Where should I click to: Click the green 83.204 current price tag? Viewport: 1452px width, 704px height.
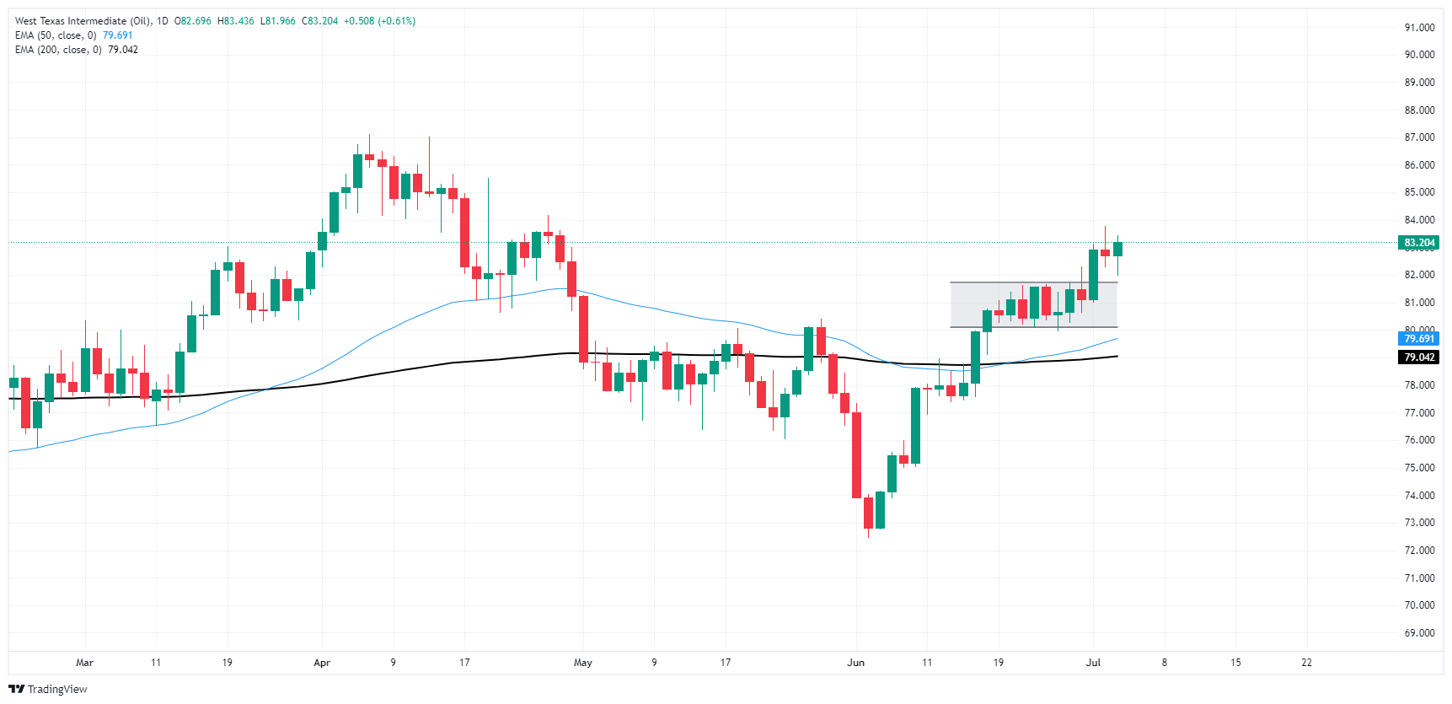(x=1419, y=243)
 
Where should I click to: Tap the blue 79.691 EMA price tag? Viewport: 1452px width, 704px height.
(x=1419, y=339)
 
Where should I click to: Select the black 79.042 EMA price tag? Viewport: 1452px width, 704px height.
(x=1419, y=357)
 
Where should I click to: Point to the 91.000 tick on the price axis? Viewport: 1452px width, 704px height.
(x=1419, y=28)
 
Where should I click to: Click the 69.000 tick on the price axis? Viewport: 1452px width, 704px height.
(x=1419, y=633)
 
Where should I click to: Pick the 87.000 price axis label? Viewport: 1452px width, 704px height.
(x=1419, y=137)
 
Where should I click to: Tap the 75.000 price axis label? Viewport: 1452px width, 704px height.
(x=1419, y=468)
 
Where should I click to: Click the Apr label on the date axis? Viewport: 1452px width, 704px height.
(x=322, y=663)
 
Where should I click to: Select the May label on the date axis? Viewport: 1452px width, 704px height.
(x=583, y=663)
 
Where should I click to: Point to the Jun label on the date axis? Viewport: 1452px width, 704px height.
(x=855, y=663)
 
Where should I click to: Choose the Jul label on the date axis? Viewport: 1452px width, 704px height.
(x=1093, y=663)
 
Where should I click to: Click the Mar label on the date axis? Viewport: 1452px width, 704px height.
(x=84, y=663)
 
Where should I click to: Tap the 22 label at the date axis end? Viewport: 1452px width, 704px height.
(x=1306, y=663)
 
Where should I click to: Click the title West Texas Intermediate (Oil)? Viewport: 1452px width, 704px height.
(x=83, y=21)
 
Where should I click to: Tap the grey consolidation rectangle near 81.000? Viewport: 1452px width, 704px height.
(x=1033, y=304)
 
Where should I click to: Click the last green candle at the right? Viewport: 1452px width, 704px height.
(x=1117, y=249)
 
